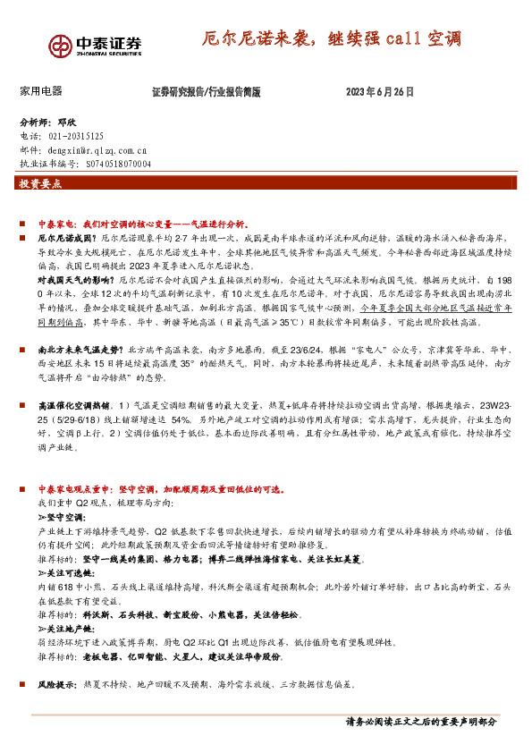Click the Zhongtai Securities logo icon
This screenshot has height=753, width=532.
click(x=60, y=45)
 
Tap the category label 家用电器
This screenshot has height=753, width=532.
click(x=40, y=91)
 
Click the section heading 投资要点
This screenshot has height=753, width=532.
click(x=40, y=183)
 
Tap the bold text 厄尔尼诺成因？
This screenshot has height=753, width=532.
click(x=65, y=241)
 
